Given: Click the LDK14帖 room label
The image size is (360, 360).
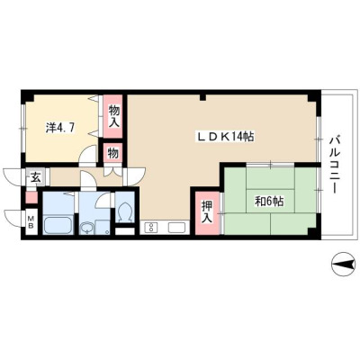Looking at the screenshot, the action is [225, 137].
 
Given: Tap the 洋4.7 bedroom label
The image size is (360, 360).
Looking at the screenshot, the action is [60, 128].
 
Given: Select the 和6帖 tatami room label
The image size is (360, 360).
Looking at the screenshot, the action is [269, 202].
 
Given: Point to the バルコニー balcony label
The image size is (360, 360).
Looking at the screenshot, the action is [335, 165].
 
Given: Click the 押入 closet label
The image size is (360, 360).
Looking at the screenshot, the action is [206, 211].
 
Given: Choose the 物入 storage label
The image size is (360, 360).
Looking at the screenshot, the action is [114, 116].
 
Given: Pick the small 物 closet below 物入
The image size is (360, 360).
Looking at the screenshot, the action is [112, 153].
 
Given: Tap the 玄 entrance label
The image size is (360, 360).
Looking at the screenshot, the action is [35, 178].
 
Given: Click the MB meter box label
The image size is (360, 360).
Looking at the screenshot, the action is [31, 222].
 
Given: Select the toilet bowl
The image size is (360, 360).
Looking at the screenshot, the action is [124, 212].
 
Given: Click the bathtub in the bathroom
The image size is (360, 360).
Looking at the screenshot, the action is [58, 225].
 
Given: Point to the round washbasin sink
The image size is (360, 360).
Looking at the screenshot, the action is [86, 228].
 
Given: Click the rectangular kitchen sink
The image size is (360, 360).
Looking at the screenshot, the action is [177, 228].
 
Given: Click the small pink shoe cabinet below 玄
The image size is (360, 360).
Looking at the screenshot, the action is [31, 197].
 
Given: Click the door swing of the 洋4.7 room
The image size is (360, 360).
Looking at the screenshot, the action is [87, 154].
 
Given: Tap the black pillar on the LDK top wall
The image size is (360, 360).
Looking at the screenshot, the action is [203, 97].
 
